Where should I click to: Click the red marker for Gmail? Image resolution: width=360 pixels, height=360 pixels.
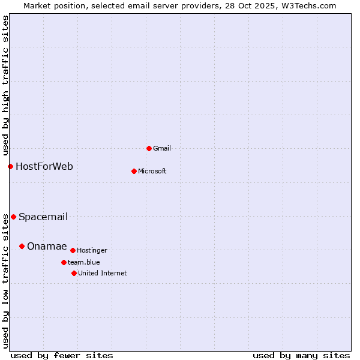149,148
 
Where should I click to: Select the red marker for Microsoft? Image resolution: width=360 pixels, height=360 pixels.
134,171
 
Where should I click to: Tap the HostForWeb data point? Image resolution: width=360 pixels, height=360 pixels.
10,166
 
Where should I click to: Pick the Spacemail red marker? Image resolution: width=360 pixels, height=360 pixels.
13,217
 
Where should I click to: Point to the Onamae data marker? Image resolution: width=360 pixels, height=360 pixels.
22,246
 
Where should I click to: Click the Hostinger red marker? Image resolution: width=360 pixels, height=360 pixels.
73,250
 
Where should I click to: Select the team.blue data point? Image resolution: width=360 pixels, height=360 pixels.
64,262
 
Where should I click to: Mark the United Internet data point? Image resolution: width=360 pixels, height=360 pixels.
74,273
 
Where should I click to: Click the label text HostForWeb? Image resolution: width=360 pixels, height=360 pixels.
44,166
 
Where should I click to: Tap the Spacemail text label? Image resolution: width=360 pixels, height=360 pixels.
43,217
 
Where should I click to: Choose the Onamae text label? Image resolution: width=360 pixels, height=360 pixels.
47,247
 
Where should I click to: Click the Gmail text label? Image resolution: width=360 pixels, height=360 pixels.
162,148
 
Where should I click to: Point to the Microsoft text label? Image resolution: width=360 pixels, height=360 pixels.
152,171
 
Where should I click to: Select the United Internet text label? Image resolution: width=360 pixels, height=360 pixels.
103,273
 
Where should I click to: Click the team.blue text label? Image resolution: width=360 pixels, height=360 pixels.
84,262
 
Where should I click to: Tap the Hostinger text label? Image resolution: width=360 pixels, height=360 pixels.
92,250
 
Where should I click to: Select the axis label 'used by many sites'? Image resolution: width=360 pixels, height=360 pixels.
301,355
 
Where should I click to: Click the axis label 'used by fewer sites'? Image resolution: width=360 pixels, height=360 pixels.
62,355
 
